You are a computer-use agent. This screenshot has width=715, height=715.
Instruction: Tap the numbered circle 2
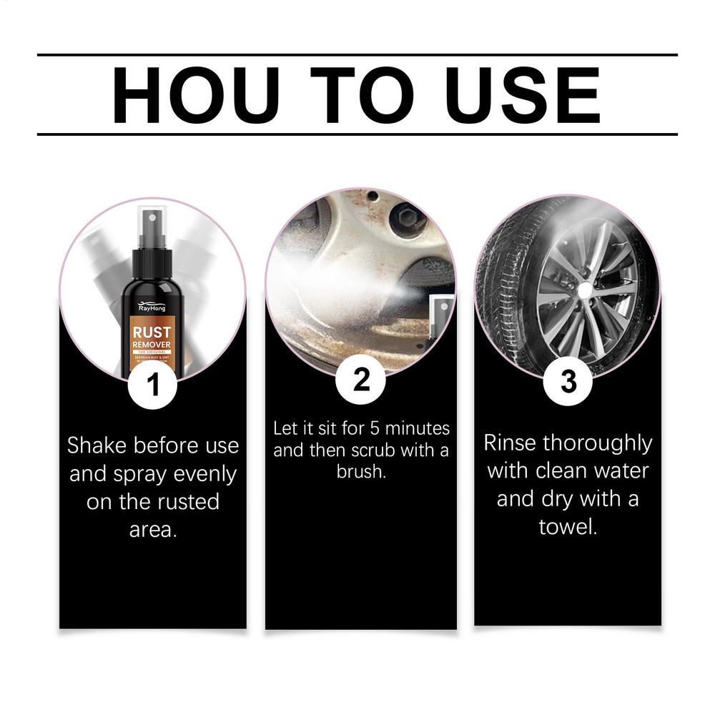pyautogui.click(x=361, y=380)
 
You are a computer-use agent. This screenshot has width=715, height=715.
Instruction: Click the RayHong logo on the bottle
pyautogui.click(x=152, y=305)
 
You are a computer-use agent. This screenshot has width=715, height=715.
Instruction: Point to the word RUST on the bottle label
pyautogui.click(x=152, y=332)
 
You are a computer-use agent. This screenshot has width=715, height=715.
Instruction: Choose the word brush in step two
pyautogui.click(x=360, y=473)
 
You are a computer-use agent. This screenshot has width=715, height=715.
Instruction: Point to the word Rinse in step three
pyautogui.click(x=511, y=443)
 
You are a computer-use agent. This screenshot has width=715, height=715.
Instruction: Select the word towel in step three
pyautogui.click(x=568, y=527)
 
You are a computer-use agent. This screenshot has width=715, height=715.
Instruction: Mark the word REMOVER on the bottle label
pyautogui.click(x=152, y=345)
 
